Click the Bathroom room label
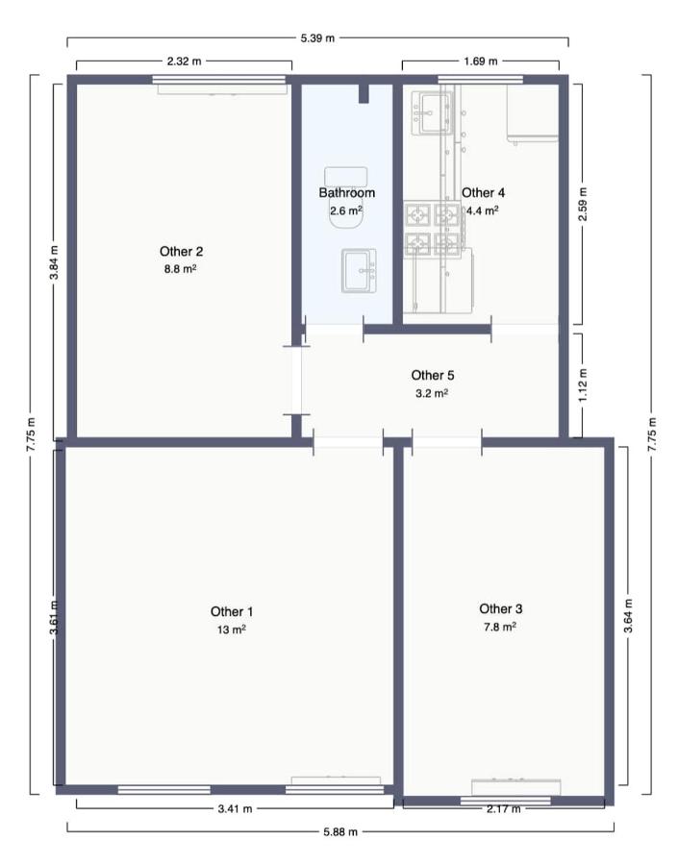point(346,193)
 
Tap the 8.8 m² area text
point(181,269)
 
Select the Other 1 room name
point(232,611)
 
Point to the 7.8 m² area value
point(500,626)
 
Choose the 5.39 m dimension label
point(317,39)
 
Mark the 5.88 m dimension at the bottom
point(339,832)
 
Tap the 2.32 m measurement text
point(184,62)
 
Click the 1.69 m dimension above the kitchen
point(480,62)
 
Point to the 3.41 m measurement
point(234,809)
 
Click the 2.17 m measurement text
point(504,809)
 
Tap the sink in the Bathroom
point(359,270)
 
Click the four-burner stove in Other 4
point(432,229)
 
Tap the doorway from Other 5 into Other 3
point(446,443)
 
